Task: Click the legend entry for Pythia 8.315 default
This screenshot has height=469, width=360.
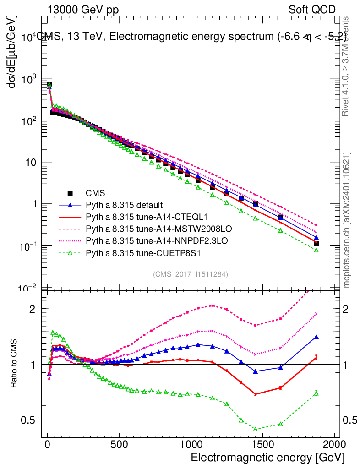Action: tap(125, 205)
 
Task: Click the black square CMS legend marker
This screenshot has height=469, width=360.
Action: tap(70, 193)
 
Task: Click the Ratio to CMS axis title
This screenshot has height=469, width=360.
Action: tap(15, 365)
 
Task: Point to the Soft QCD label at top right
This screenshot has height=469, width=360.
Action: tap(311, 10)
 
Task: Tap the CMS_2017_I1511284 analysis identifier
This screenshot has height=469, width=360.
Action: tap(191, 274)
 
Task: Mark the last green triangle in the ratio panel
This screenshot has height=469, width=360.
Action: tap(316, 393)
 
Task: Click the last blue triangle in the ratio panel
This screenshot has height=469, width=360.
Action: tap(316, 337)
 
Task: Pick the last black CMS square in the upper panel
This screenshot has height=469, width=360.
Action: tap(316, 243)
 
